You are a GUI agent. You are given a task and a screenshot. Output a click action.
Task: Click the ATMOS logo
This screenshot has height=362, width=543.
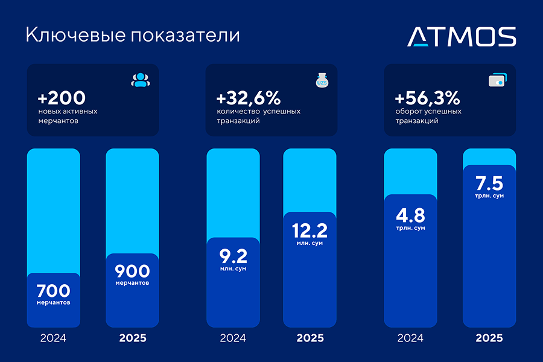pyautogui.click(x=462, y=36)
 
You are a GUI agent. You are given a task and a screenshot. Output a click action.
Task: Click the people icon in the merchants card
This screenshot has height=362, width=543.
pyautogui.click(x=140, y=80)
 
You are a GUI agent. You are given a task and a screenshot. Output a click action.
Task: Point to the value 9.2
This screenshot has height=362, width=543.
pyautogui.click(x=232, y=256)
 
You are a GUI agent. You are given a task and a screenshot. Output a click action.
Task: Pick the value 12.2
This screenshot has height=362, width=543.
pyautogui.click(x=309, y=230)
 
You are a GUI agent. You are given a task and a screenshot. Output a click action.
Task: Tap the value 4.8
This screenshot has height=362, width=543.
pyautogui.click(x=410, y=215)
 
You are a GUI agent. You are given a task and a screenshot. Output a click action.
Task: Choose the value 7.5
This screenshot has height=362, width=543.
pyautogui.click(x=489, y=183)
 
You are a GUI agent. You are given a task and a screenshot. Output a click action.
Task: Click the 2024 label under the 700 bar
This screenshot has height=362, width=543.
pyautogui.click(x=53, y=338)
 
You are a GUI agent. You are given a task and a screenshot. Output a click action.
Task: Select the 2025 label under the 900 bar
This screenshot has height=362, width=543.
pyautogui.click(x=132, y=338)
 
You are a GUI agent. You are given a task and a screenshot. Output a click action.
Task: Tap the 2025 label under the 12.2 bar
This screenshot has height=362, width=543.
pyautogui.click(x=310, y=338)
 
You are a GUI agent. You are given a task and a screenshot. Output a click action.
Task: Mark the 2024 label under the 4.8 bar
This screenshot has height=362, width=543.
pyautogui.click(x=410, y=338)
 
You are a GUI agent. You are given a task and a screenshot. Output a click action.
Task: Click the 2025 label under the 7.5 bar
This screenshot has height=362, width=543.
pyautogui.click(x=489, y=338)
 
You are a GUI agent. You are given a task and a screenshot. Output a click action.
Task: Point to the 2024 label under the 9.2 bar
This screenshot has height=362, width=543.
pyautogui.click(x=232, y=338)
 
